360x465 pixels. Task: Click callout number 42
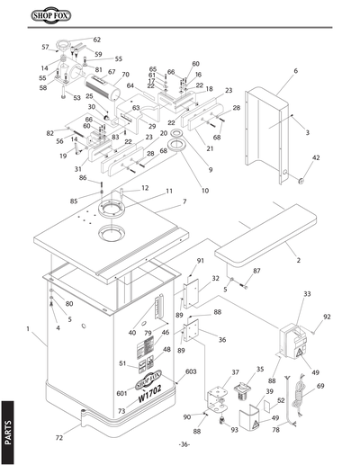(x=316, y=157)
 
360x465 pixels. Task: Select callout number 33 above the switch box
(x=306, y=294)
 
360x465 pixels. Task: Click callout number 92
(x=327, y=317)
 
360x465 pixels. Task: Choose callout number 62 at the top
(x=96, y=40)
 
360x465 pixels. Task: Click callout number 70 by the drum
(x=125, y=74)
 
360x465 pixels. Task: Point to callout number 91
(x=201, y=261)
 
